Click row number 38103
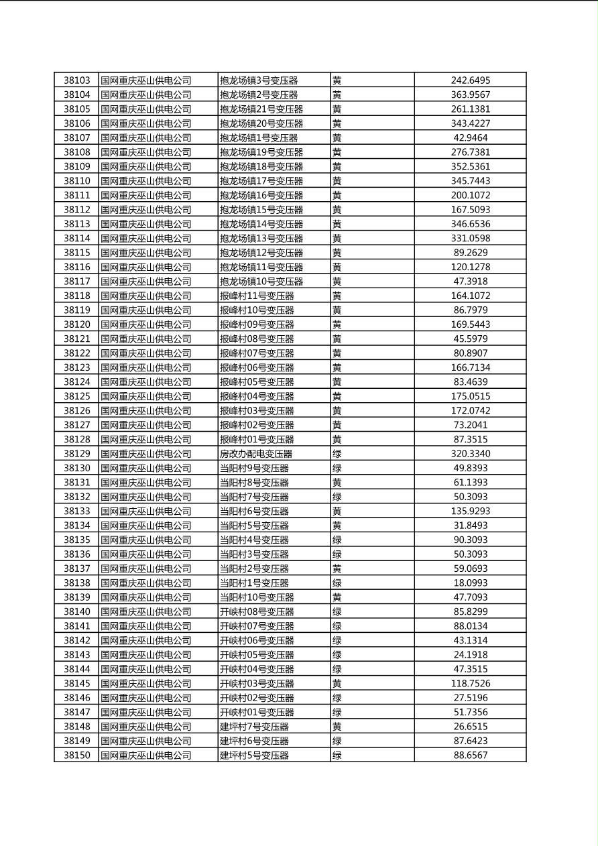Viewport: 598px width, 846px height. [x=76, y=80]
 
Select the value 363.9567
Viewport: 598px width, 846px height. [x=470, y=95]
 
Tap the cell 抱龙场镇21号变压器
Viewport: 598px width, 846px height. [x=261, y=109]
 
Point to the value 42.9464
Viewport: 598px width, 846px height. [x=470, y=138]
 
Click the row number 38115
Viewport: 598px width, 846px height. [x=76, y=253]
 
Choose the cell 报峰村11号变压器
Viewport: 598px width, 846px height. [x=257, y=296]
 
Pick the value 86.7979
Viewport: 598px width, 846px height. [x=470, y=310]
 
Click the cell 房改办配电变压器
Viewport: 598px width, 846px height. [x=256, y=454]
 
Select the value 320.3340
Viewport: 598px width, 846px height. [x=470, y=454]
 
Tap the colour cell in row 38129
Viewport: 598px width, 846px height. [x=337, y=454]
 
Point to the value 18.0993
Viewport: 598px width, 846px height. [x=470, y=583]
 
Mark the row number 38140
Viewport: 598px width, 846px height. [x=76, y=611]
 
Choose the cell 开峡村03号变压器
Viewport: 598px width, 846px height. [x=257, y=683]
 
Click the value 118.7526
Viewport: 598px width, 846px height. [x=470, y=683]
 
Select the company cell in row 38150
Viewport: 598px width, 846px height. [x=146, y=755]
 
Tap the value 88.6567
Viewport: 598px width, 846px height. [x=470, y=755]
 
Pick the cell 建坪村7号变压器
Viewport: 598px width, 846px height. [x=254, y=727]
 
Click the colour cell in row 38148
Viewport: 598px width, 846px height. [x=337, y=727]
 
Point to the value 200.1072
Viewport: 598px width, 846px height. [x=470, y=195]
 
